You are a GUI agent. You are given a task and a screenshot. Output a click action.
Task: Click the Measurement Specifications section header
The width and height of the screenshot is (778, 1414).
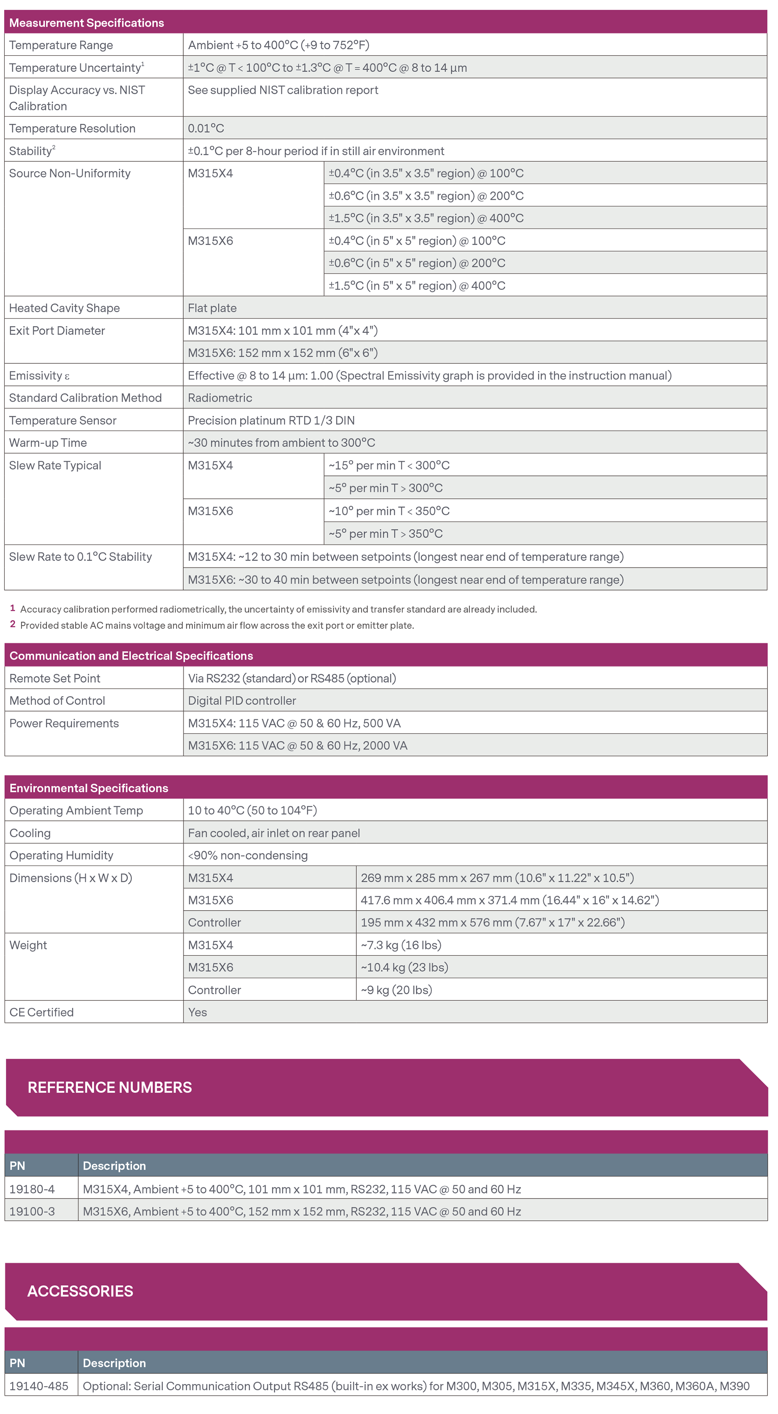[87, 23]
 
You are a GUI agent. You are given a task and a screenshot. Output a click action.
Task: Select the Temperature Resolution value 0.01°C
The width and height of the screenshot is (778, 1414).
[206, 128]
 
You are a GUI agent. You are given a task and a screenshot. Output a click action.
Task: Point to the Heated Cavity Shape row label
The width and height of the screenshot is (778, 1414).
[64, 308]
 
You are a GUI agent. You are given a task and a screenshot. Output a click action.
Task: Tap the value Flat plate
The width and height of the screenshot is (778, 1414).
[212, 308]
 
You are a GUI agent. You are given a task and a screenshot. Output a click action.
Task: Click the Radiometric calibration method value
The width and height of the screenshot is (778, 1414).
[220, 398]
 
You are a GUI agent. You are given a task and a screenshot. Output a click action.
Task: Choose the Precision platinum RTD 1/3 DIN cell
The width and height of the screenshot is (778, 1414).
[271, 421]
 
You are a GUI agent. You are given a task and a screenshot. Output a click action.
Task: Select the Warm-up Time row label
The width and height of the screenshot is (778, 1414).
[48, 443]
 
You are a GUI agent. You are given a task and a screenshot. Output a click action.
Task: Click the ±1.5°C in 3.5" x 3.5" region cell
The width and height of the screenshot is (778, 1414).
[426, 219]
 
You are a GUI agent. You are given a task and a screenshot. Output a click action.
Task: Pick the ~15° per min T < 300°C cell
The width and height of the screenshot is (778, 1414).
[389, 466]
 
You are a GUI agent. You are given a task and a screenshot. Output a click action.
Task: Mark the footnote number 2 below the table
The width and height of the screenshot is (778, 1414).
[12, 624]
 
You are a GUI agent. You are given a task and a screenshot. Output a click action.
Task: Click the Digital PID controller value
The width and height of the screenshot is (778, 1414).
[242, 701]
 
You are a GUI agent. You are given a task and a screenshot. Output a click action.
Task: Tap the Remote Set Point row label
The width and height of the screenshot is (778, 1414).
[55, 678]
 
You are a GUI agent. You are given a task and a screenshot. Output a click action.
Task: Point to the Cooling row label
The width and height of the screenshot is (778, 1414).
[30, 833]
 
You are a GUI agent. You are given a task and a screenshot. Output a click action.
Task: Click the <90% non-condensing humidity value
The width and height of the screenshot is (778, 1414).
[248, 856]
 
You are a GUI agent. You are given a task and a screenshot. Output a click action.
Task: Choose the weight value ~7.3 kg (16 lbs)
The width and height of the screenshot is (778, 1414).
[401, 945]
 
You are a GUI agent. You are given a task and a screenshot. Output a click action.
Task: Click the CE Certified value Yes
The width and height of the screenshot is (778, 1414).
[198, 1013]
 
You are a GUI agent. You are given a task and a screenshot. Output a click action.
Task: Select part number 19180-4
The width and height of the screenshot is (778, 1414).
[32, 1190]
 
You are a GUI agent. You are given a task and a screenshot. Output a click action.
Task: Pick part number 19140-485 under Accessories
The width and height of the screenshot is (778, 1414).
[39, 1386]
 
